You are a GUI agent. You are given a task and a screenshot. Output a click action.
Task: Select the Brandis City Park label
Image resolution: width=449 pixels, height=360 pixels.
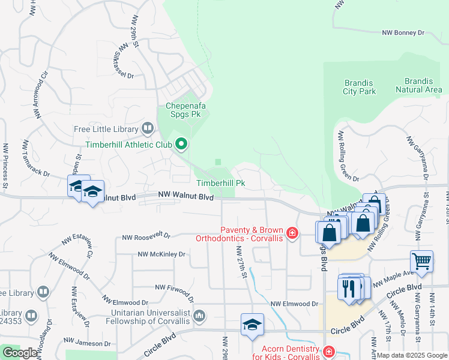point(360,87)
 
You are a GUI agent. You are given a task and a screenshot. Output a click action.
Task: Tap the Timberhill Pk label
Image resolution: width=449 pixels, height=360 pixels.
point(221,183)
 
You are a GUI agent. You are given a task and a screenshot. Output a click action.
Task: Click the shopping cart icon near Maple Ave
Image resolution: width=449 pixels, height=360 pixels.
point(422,262)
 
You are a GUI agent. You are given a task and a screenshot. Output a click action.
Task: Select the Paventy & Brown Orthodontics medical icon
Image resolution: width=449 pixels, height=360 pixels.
point(292,233)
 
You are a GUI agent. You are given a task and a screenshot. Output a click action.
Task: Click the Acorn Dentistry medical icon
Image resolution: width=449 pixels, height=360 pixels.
point(328,352)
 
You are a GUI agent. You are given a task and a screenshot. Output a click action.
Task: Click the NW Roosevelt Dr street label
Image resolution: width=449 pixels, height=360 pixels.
point(146,237)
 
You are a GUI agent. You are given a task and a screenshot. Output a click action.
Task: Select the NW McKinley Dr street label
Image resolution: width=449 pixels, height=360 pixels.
point(161,254)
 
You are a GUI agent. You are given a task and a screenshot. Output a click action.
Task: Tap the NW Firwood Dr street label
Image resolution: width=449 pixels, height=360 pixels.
point(175,289)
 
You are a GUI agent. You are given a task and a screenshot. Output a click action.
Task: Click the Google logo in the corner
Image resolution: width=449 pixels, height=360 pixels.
point(19,353)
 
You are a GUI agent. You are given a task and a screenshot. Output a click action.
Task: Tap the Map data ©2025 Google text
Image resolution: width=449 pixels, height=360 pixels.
point(411,355)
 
